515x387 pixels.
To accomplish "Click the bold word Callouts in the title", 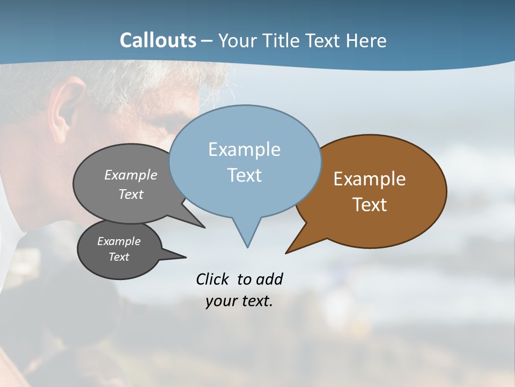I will pos(158,40).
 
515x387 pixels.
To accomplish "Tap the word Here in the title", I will pos(367,40).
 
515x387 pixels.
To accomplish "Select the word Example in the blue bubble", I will pos(244,149).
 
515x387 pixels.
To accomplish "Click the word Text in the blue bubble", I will pos(244,175).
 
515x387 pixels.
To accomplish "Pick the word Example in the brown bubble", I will pos(370,179).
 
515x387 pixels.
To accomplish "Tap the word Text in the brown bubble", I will pos(370,205).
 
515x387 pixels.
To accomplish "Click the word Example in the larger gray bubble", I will pos(131,175).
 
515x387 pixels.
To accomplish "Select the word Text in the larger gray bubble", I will pos(131,194).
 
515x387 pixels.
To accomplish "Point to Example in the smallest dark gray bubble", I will pos(119,241).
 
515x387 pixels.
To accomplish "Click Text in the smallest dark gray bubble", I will pos(119,257).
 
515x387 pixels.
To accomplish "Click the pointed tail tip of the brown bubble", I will pos(286,252).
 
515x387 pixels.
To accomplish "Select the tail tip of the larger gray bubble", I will pos(204,227).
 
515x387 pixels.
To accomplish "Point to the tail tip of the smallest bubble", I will pos(186,256).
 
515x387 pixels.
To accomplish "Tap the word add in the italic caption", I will pos(269,279).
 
